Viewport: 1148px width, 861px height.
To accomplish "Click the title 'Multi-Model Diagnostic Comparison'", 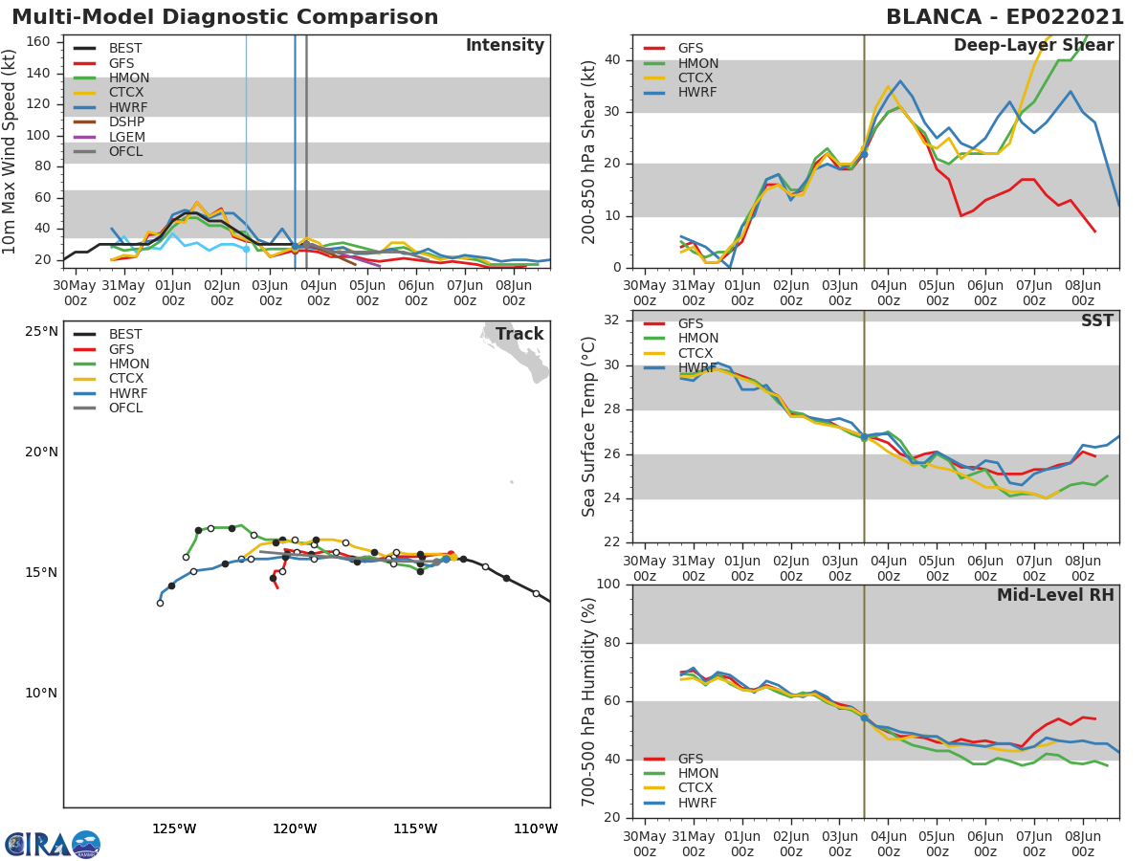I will (x=225, y=17).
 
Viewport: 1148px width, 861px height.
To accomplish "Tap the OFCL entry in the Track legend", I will (x=125, y=408).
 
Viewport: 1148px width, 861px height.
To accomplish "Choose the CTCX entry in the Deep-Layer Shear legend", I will (x=696, y=77).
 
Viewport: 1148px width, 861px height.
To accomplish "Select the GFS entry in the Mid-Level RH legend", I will (x=690, y=759).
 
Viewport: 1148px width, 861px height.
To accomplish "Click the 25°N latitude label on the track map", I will (x=41, y=332).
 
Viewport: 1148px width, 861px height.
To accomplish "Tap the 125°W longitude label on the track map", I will (x=174, y=828).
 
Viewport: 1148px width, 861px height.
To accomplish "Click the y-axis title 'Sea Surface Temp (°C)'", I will (x=590, y=426).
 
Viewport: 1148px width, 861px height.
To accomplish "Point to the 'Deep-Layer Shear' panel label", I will (x=1033, y=46).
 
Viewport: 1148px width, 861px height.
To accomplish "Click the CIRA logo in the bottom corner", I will (x=53, y=844).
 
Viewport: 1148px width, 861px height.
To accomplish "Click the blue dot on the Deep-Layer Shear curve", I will (x=863, y=154).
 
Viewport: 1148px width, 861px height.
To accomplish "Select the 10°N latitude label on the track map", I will (x=41, y=693).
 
